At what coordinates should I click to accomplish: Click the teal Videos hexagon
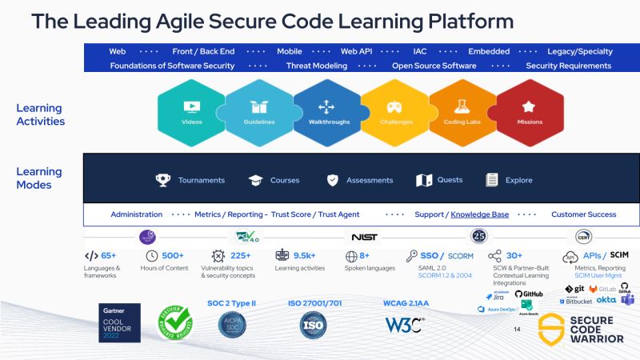(x=191, y=112)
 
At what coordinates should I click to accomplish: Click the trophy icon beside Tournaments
(x=163, y=180)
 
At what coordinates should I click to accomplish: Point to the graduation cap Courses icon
(x=255, y=180)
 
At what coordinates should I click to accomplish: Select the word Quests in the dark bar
(x=450, y=180)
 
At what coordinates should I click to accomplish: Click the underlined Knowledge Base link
(x=479, y=214)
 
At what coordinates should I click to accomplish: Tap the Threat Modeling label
(x=317, y=66)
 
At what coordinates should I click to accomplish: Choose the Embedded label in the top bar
(x=488, y=51)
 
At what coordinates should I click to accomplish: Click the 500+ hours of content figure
(x=173, y=256)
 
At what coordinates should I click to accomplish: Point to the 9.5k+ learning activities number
(x=305, y=256)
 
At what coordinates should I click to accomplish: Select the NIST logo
(x=364, y=237)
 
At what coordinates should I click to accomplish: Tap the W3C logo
(x=404, y=325)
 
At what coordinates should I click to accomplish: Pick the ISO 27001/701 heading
(x=315, y=304)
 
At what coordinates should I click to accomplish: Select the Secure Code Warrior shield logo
(x=552, y=327)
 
